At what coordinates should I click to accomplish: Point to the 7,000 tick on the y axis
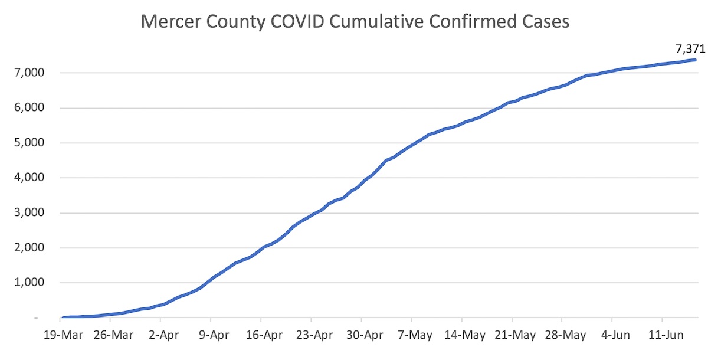pos(24,73)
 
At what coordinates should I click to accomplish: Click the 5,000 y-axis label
pos(24,143)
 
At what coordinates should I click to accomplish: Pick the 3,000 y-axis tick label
pos(24,213)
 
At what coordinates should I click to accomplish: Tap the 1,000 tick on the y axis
pos(24,283)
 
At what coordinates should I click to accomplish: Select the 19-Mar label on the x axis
pos(63,336)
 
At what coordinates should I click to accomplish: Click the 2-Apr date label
pos(165,336)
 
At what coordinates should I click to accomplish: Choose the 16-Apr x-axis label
pos(265,336)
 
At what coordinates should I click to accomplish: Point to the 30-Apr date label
pos(365,336)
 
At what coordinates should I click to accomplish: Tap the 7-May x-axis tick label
pos(417,336)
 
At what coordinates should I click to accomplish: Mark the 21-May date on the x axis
pos(516,336)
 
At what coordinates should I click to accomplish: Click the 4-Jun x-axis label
pos(615,336)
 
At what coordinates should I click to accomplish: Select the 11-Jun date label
pos(666,336)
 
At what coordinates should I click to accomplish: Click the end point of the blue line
pos(695,60)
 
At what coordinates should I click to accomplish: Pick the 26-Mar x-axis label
pos(114,336)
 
